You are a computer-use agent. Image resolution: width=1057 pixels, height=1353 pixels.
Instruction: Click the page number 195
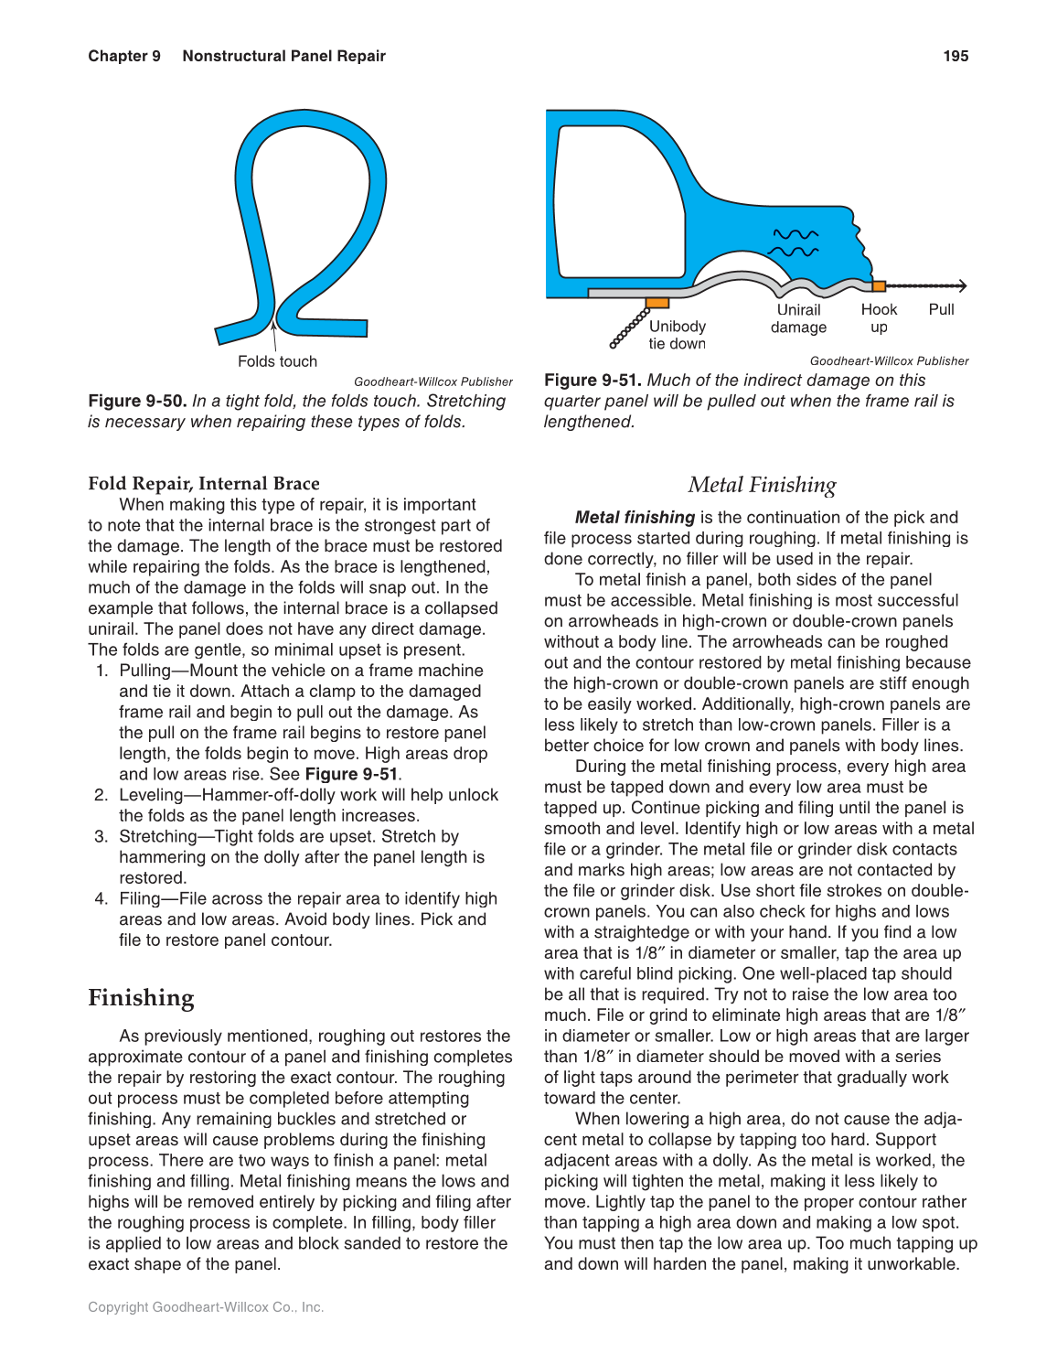point(955,56)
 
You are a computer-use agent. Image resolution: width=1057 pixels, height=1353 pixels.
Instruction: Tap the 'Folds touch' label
point(277,361)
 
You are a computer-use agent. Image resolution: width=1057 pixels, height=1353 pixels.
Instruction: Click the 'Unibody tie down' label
point(678,335)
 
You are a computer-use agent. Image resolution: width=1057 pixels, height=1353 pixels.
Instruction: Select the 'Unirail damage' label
point(798,318)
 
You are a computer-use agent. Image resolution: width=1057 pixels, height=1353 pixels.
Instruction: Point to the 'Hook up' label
point(879,318)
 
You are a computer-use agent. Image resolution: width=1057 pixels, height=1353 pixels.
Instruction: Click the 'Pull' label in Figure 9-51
point(941,309)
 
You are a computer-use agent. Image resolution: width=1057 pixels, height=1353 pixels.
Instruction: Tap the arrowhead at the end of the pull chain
point(962,286)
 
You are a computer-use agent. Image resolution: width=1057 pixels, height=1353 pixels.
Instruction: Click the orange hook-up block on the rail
point(879,286)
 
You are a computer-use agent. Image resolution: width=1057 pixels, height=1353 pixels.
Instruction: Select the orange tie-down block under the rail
point(657,303)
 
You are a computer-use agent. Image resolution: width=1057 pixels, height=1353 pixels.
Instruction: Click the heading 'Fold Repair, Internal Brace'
point(204,483)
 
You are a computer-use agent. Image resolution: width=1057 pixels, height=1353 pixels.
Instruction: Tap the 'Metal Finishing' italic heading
point(762,485)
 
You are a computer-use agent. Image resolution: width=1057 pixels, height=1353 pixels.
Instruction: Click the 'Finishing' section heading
point(141,997)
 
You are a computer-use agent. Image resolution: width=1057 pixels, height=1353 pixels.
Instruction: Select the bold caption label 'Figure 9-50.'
point(137,401)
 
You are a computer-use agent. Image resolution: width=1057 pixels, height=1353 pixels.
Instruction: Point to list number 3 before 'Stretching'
point(101,836)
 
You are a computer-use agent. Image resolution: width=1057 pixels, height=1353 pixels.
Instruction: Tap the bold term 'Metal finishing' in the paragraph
point(635,517)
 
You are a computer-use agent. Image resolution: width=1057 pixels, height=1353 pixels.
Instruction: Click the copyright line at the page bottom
point(206,1306)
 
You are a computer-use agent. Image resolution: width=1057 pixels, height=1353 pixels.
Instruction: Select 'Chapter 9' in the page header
point(124,56)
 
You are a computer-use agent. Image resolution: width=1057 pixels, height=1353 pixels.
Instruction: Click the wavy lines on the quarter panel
point(794,242)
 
